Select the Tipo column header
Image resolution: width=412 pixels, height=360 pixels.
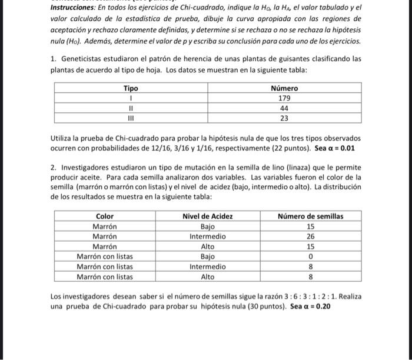click(131, 88)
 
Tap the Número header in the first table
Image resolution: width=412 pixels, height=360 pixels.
click(284, 88)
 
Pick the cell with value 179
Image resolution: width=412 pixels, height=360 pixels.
click(284, 98)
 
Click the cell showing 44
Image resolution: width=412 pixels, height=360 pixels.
click(284, 108)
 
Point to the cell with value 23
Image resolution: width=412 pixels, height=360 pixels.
click(284, 118)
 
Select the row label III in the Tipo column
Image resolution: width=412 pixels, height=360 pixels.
click(131, 118)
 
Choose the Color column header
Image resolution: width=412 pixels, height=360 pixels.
click(105, 216)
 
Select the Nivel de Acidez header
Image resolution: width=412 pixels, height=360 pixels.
click(208, 216)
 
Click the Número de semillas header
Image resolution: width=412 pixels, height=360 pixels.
click(310, 216)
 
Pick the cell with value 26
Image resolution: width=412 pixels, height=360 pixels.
click(310, 236)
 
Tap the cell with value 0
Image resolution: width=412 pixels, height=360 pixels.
click(310, 256)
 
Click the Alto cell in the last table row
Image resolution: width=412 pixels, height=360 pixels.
click(208, 276)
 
